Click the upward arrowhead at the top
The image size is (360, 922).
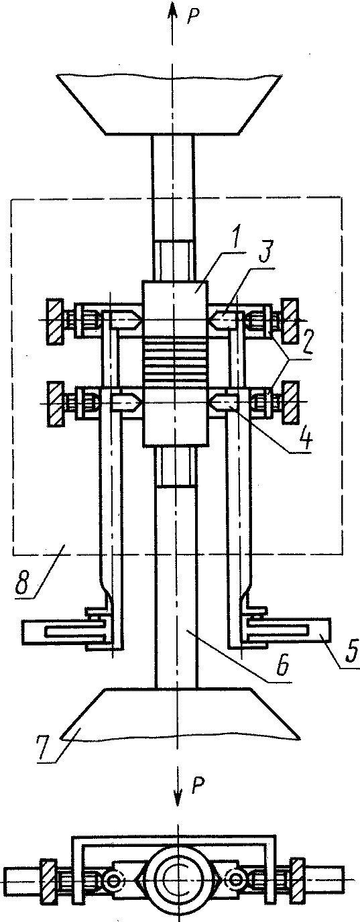coord(172,10)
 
